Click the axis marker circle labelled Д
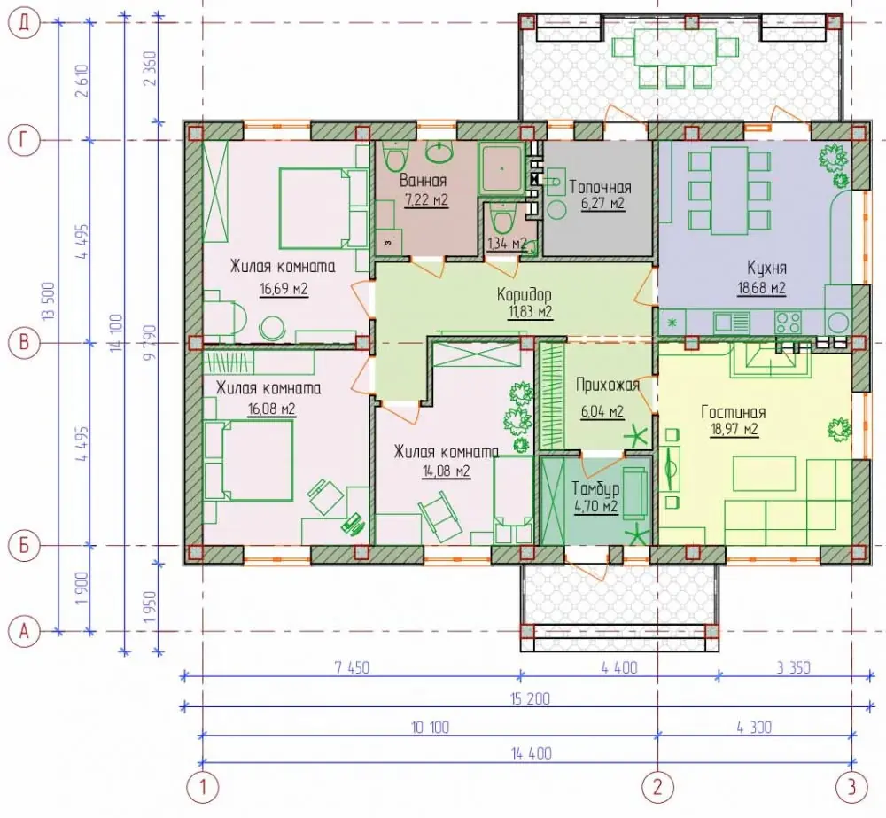click(x=24, y=23)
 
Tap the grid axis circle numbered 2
click(x=657, y=786)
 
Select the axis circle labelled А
click(x=24, y=630)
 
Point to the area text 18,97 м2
click(x=734, y=429)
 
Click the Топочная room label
click(x=600, y=186)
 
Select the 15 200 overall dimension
click(x=530, y=698)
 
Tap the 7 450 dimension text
click(x=352, y=667)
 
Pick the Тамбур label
click(x=595, y=488)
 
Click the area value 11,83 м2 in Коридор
click(x=528, y=311)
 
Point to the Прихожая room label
click(x=608, y=386)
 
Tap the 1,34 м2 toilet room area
click(x=507, y=244)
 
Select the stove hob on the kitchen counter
click(x=788, y=323)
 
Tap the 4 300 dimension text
click(x=754, y=727)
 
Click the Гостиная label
click(x=734, y=412)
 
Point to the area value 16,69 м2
click(x=284, y=290)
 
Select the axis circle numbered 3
click(x=851, y=786)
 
